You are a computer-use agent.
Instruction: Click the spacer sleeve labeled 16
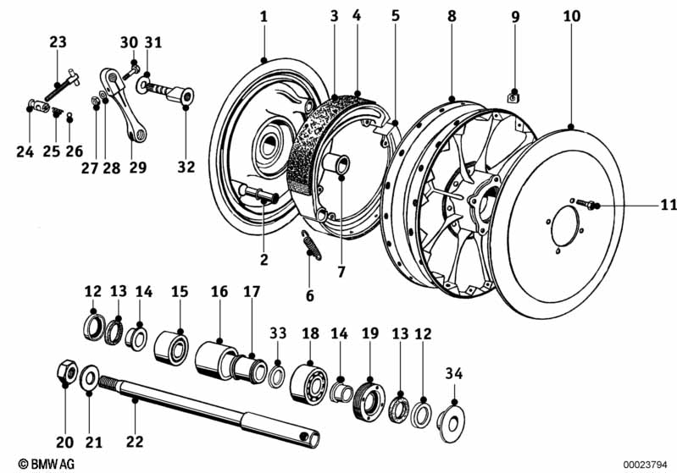click(x=214, y=359)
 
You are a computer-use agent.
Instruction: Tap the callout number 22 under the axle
click(x=136, y=441)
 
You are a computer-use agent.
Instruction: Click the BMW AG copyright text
click(x=33, y=464)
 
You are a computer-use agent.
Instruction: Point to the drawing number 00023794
click(x=647, y=464)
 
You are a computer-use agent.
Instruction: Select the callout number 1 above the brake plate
click(x=264, y=17)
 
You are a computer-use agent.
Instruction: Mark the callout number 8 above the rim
click(x=452, y=15)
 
